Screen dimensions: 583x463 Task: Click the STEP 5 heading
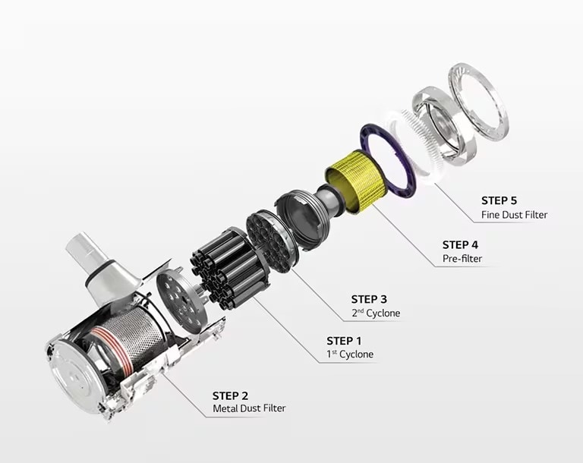[x=499, y=201]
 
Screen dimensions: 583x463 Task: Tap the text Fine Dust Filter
[x=514, y=215]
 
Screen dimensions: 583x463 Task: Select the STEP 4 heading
[x=460, y=245]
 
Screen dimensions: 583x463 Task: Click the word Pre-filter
[x=462, y=259]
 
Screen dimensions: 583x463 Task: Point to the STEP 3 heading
[x=369, y=299]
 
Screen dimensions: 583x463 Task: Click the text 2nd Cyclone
[x=376, y=313]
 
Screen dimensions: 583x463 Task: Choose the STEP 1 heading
[x=344, y=341]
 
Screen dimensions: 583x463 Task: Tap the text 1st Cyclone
[x=350, y=354]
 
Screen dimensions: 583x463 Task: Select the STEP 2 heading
[x=230, y=395]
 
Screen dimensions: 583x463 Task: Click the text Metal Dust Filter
[x=249, y=408]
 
